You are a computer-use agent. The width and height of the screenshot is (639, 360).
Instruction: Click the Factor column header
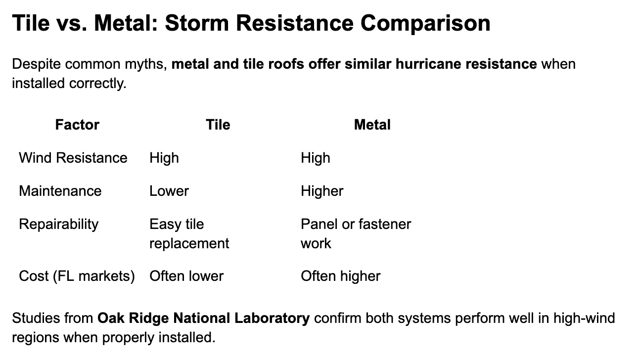pos(77,125)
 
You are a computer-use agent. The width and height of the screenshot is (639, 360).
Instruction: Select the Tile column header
pos(218,125)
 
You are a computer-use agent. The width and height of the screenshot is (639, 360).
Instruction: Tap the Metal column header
pos(372,125)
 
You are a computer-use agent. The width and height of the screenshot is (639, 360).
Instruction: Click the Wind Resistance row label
pos(73,158)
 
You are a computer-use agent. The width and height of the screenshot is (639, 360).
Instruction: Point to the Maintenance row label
pos(60,191)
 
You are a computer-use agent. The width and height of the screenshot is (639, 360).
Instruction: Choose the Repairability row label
pos(59,224)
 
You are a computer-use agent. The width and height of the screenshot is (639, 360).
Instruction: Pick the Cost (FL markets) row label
pos(77,275)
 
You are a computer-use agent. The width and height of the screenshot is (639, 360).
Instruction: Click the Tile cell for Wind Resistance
pos(164,158)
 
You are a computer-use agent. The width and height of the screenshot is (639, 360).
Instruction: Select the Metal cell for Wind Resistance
pos(316,158)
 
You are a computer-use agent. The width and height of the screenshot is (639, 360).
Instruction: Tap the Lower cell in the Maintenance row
pos(169,191)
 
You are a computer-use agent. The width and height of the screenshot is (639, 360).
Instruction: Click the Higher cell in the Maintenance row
pos(322,191)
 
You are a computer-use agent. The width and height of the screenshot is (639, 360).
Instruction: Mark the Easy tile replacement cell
pos(189,233)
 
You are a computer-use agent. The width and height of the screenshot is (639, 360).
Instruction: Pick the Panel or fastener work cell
pos(356,233)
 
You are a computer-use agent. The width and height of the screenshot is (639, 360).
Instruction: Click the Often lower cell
pos(186,275)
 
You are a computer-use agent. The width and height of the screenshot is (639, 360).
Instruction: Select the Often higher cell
pos(340,275)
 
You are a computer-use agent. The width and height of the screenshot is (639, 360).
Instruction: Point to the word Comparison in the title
pos(425,23)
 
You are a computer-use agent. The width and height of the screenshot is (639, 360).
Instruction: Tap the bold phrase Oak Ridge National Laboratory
pos(204,317)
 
